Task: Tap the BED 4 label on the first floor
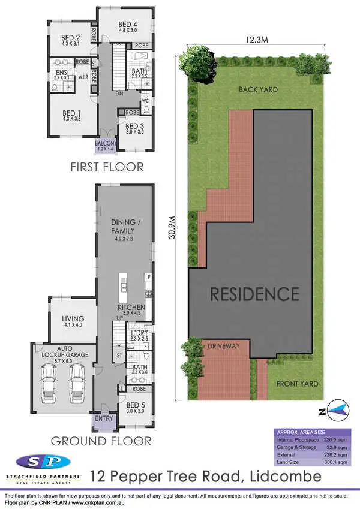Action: tap(128, 25)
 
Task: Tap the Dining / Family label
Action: tap(122, 226)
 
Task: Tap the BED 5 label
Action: tap(136, 408)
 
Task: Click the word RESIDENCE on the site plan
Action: tap(254, 294)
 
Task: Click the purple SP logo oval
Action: tap(43, 462)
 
